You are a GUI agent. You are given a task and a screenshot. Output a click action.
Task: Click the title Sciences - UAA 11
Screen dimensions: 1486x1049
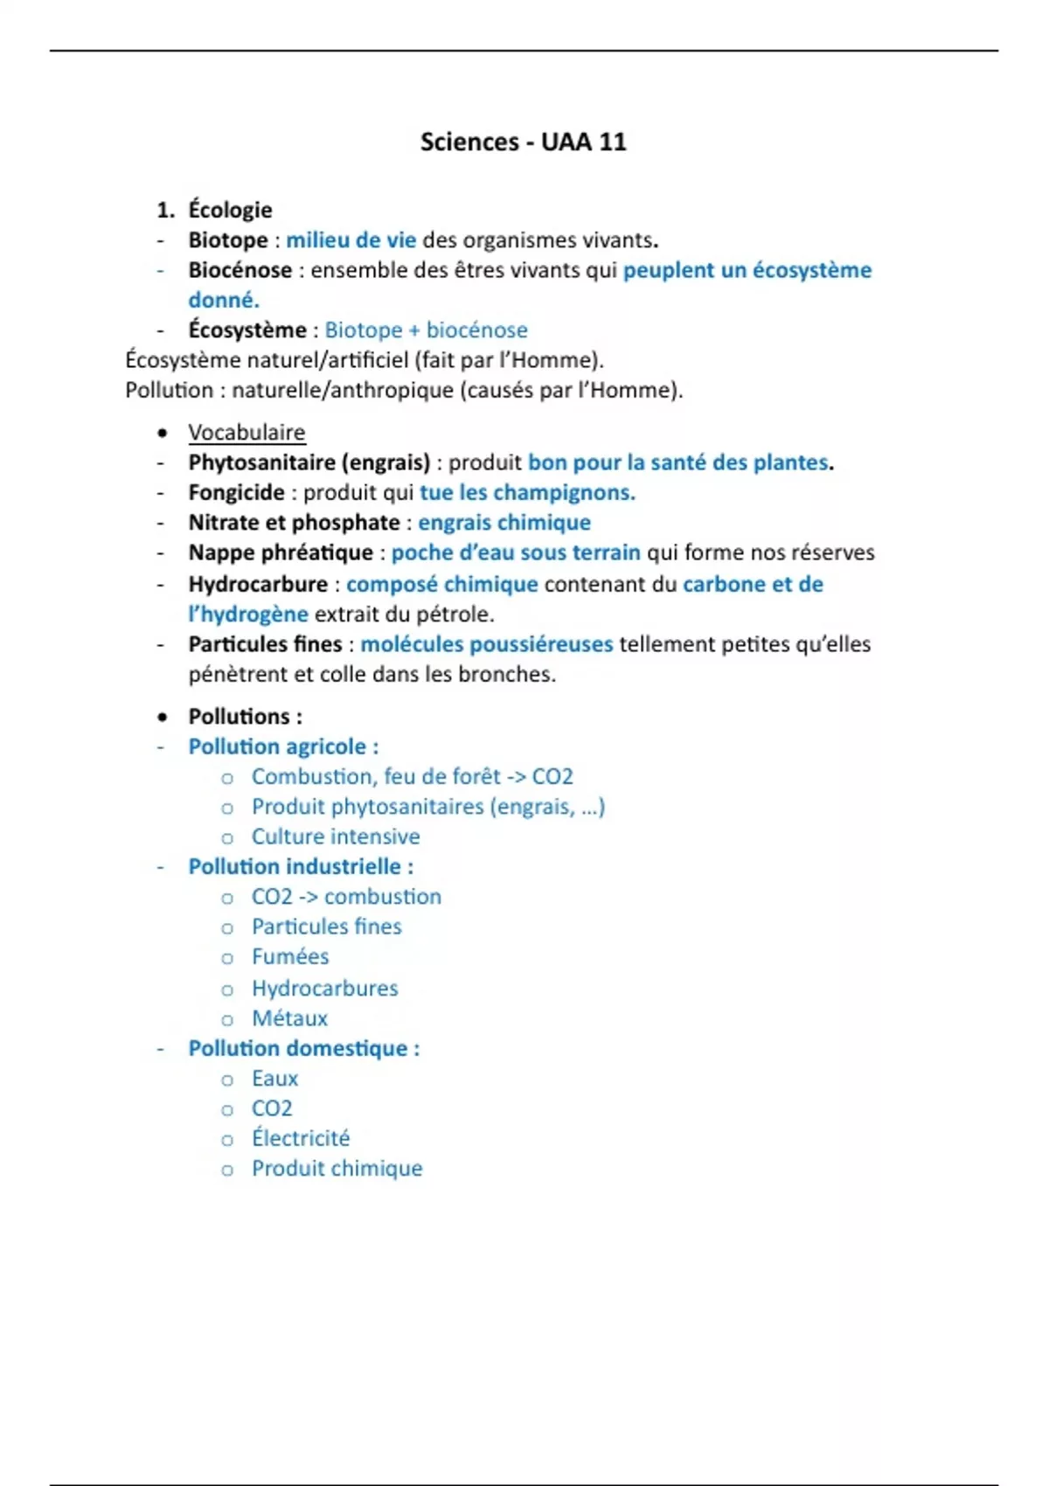[523, 142]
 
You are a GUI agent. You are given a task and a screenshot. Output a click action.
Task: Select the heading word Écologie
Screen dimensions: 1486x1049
[230, 210]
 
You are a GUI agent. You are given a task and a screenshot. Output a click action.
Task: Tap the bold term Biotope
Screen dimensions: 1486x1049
[228, 240]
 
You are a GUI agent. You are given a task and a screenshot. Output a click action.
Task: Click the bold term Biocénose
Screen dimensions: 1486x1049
[240, 270]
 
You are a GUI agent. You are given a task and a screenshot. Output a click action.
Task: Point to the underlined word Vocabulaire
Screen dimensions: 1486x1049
[247, 433]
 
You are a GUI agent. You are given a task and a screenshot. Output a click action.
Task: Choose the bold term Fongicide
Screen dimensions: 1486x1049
[236, 493]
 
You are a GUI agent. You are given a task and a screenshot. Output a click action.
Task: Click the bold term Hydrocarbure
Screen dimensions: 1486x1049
[258, 584]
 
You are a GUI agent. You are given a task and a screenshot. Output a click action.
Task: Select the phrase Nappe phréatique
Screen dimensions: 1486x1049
[281, 552]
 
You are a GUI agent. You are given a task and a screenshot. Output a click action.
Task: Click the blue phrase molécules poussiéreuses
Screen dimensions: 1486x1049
[486, 644]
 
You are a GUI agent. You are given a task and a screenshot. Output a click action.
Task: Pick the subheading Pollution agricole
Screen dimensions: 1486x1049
[283, 746]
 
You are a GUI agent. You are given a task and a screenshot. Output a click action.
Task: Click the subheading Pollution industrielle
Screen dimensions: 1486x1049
[301, 866]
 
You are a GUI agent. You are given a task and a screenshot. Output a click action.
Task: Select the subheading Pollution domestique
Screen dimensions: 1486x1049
[303, 1048]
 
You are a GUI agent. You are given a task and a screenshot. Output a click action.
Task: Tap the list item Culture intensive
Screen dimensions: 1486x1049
[336, 837]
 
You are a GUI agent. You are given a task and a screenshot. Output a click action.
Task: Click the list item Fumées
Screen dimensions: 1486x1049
[290, 957]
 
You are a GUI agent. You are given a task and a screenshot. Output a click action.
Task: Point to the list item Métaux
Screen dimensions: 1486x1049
[289, 1018]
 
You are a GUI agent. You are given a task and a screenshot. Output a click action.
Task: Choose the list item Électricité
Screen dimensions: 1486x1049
[301, 1138]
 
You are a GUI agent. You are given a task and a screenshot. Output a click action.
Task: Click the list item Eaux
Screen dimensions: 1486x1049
[274, 1079]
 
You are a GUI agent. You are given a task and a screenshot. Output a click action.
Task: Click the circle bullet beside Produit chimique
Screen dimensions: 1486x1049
[227, 1170]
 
